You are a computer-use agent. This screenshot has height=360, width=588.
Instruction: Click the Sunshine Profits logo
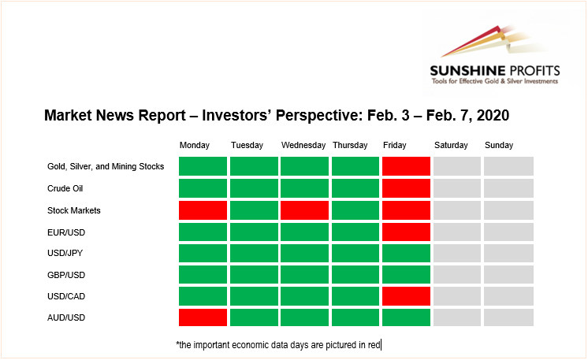point(495,55)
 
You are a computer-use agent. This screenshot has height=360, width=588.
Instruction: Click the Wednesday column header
point(303,146)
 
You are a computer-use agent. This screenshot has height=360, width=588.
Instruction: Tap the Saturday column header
point(451,146)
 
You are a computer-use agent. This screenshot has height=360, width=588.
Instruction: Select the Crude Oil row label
point(65,188)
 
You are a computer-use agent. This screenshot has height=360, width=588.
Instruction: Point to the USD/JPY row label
point(65,253)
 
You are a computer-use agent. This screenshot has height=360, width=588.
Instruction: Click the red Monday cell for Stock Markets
point(203,210)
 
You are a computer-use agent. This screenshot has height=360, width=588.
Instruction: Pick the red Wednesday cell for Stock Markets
point(304,210)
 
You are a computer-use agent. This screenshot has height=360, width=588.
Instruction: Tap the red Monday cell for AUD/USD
point(203,317)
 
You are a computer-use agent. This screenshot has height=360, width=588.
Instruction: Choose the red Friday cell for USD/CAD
point(406,296)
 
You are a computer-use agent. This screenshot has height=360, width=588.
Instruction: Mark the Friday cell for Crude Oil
point(406,188)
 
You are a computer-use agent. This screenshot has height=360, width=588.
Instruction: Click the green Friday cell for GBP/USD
point(406,275)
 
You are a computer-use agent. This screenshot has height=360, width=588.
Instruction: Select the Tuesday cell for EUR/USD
point(254,232)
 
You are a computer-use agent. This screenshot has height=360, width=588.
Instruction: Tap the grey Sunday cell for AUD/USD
point(508,317)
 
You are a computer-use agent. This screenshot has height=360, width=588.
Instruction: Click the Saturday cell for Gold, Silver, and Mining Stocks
point(457,166)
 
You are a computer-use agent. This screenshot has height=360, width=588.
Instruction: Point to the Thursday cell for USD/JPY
point(355,253)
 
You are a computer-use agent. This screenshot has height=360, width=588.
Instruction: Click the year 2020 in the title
point(493,115)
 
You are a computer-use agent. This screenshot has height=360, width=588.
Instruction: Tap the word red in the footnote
point(374,345)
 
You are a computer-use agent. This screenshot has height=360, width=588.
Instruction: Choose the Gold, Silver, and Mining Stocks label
point(106,167)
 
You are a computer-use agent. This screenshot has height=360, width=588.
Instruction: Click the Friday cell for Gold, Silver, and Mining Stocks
point(406,166)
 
